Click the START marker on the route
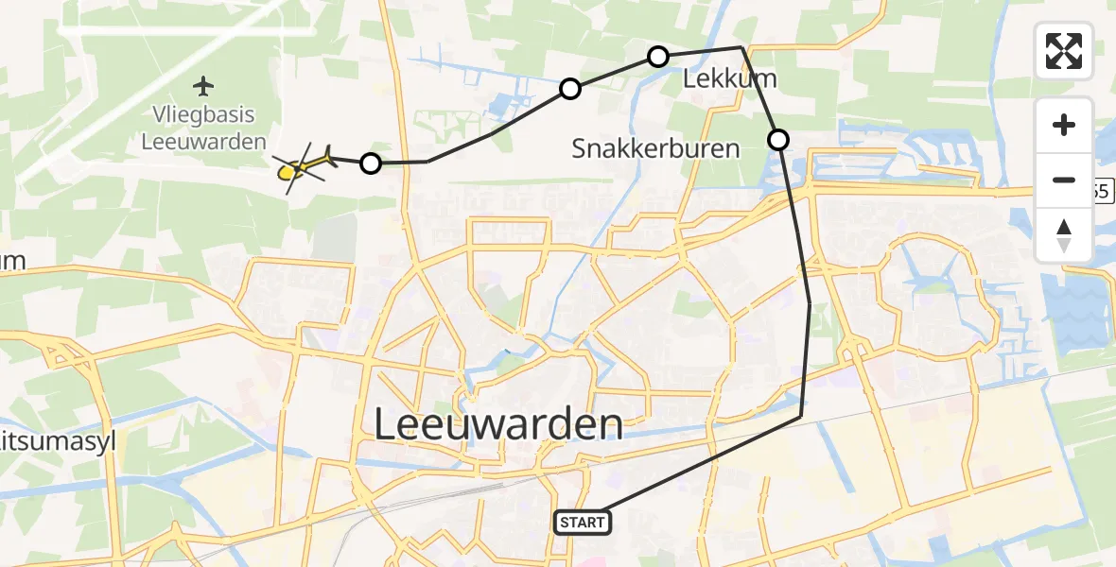[582, 522]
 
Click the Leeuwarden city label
[498, 425]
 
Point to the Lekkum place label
[729, 81]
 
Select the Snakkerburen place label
[656, 148]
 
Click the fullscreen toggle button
[1064, 51]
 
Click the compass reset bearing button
[1064, 234]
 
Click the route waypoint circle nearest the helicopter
[371, 163]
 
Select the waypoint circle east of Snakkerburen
[777, 140]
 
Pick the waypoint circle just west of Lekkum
[657, 57]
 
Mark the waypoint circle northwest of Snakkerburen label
[569, 89]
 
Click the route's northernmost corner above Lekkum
[741, 47]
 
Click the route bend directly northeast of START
[800, 416]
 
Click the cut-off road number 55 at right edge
[1101, 192]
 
